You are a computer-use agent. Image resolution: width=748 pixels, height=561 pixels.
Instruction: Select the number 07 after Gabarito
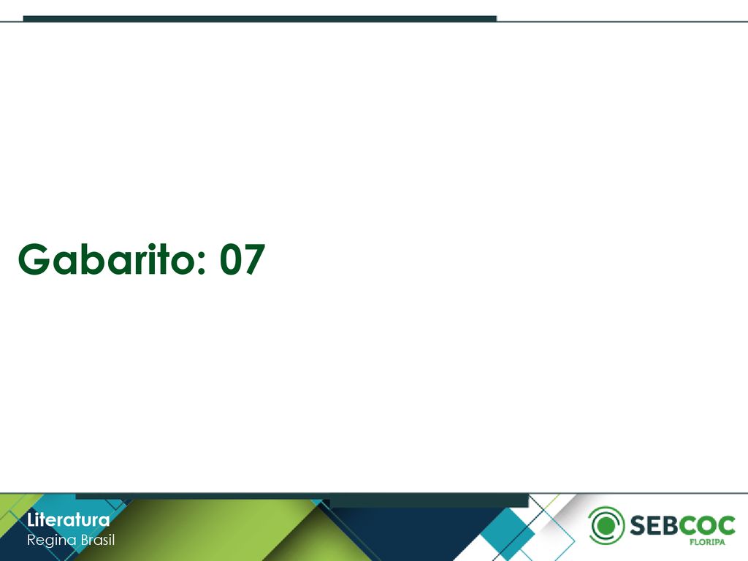243,259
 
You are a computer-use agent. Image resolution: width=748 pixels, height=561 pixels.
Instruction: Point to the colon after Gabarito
200,263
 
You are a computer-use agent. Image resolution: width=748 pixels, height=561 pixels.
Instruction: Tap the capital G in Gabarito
34,259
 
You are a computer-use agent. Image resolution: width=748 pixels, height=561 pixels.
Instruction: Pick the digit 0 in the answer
230,259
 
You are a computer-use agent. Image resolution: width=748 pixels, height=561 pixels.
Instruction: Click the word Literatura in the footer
68,519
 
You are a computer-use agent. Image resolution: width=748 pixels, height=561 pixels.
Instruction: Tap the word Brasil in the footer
98,540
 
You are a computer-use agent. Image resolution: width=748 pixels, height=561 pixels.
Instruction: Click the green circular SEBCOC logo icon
606,525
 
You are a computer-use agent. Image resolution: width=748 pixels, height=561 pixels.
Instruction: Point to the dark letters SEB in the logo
654,525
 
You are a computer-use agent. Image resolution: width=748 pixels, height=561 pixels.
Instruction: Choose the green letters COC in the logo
707,525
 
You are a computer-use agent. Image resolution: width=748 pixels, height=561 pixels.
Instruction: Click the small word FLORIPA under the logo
707,542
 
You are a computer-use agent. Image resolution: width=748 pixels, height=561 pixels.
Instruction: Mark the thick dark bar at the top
260,18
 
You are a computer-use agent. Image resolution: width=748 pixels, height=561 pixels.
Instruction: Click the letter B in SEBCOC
669,525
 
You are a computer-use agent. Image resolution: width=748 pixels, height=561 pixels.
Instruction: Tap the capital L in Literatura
31,519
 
